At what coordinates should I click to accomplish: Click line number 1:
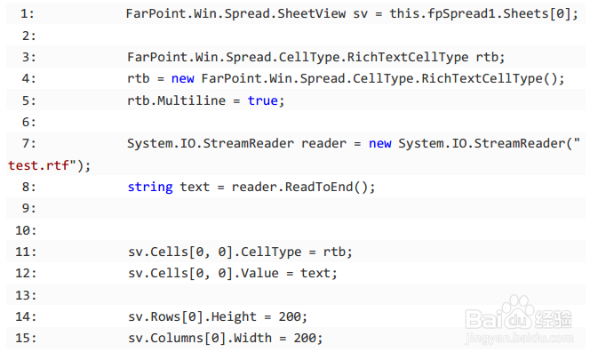(26, 14)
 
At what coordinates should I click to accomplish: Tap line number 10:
(26, 229)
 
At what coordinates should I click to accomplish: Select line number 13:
(26, 294)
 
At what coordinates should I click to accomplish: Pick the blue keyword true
(263, 100)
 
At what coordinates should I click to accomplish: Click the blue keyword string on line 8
(149, 187)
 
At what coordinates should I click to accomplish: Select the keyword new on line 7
(382, 143)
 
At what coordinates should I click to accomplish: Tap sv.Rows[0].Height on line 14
(187, 316)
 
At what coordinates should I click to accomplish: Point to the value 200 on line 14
(292, 316)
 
